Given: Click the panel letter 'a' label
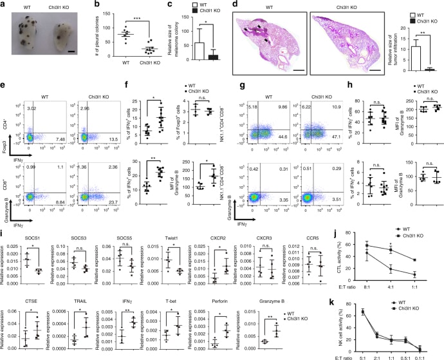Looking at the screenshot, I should click(x=5, y=5).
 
